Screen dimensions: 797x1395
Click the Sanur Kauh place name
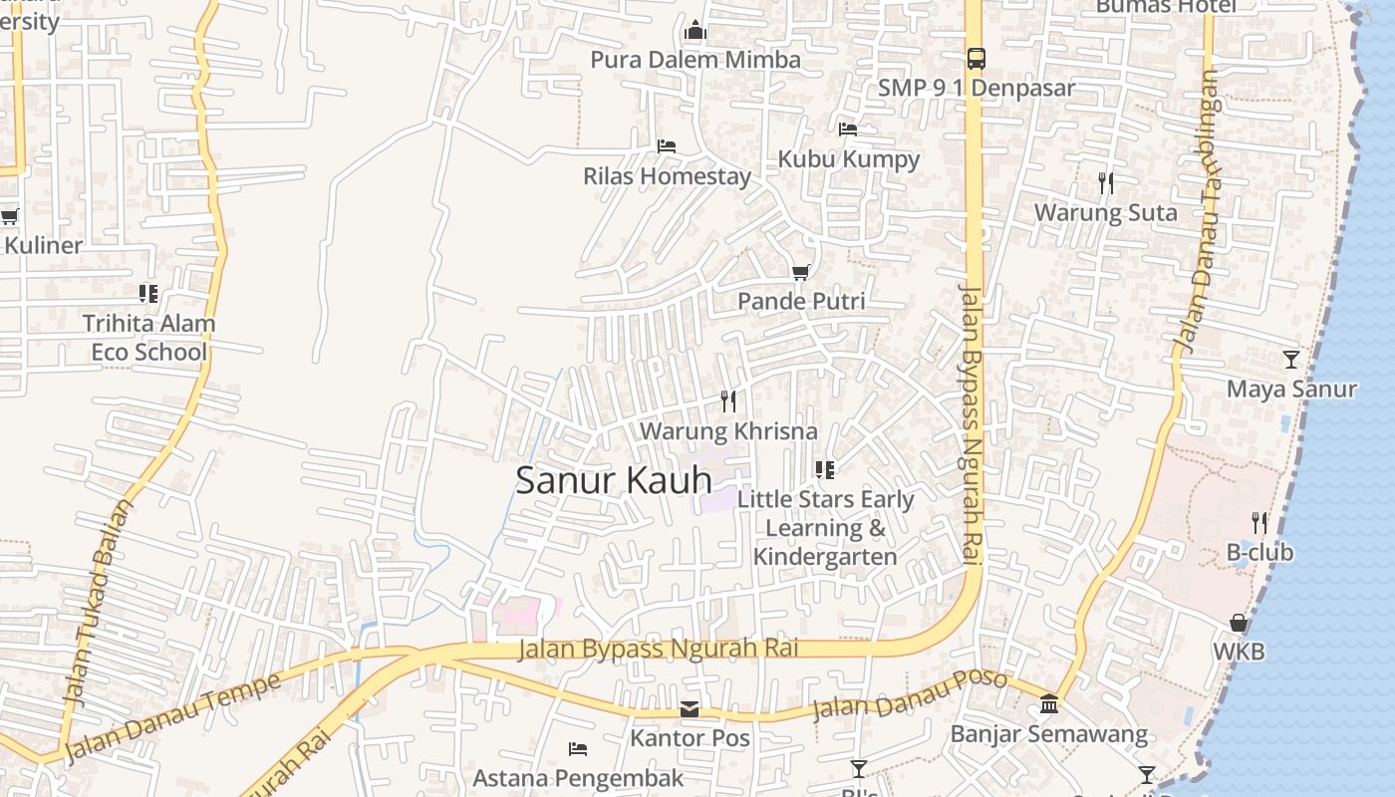(613, 480)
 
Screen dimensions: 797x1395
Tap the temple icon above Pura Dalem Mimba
(696, 31)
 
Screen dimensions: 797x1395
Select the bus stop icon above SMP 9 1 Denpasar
(976, 59)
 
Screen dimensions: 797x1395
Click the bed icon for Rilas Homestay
(667, 146)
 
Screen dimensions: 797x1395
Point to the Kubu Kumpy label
(848, 158)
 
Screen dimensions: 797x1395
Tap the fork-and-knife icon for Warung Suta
(1105, 183)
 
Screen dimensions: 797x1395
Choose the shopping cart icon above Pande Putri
(800, 272)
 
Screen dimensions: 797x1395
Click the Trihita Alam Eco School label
(148, 338)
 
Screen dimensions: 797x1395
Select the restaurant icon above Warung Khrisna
(728, 401)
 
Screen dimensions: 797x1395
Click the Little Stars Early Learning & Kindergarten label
(825, 528)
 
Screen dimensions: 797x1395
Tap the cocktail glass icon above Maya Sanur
(1291, 360)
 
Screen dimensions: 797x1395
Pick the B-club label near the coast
(1259, 552)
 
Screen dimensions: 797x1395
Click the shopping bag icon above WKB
(1238, 623)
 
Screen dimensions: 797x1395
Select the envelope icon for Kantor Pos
(690, 709)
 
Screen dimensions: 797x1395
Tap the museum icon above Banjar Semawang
(1048, 704)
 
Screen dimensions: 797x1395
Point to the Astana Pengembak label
(578, 777)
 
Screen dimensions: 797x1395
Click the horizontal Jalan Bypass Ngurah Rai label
(659, 650)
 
